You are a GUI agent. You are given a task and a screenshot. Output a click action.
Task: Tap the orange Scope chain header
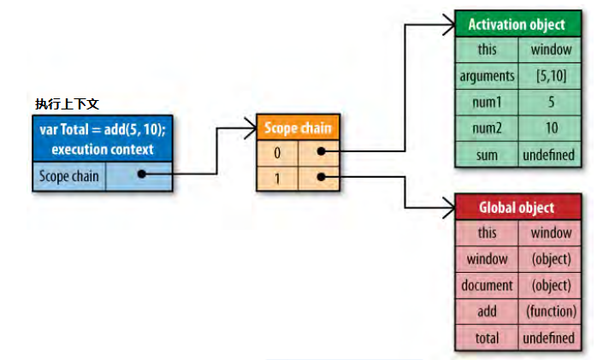[x=296, y=129]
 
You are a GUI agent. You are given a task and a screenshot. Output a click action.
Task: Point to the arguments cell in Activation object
[x=488, y=76]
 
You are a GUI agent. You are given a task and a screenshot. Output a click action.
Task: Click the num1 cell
[x=488, y=102]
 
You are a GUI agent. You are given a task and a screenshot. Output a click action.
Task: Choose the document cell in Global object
[x=488, y=285]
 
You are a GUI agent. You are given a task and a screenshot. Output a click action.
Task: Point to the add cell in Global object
[x=488, y=311]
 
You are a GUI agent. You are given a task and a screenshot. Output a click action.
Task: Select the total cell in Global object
[x=488, y=338]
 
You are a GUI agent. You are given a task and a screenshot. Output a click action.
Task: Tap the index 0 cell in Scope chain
[x=277, y=151]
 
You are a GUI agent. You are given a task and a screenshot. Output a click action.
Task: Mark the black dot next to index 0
[x=319, y=151]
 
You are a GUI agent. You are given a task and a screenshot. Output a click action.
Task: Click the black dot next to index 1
[x=319, y=178]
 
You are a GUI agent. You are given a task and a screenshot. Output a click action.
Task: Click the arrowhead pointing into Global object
[x=451, y=206]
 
